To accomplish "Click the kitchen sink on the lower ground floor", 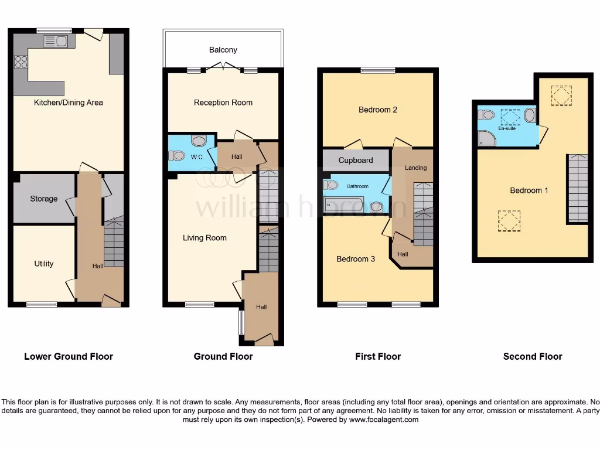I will pyautogui.click(x=56, y=41).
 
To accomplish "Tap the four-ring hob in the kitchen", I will pyautogui.click(x=21, y=62).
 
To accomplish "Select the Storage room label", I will pyautogui.click(x=44, y=199).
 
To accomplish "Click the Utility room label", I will pyautogui.click(x=44, y=264).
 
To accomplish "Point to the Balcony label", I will pyautogui.click(x=223, y=50).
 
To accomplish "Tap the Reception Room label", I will pyautogui.click(x=223, y=103).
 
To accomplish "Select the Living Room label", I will pyautogui.click(x=204, y=238).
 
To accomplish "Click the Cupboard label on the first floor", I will pyautogui.click(x=356, y=160).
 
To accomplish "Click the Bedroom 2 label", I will pyautogui.click(x=378, y=110).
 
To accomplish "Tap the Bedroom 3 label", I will pyautogui.click(x=356, y=259).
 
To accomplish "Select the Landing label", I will pyautogui.click(x=415, y=168).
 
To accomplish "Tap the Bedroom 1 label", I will pyautogui.click(x=529, y=190).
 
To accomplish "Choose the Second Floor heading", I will pyautogui.click(x=533, y=356).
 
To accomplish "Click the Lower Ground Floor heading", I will pyautogui.click(x=69, y=356).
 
